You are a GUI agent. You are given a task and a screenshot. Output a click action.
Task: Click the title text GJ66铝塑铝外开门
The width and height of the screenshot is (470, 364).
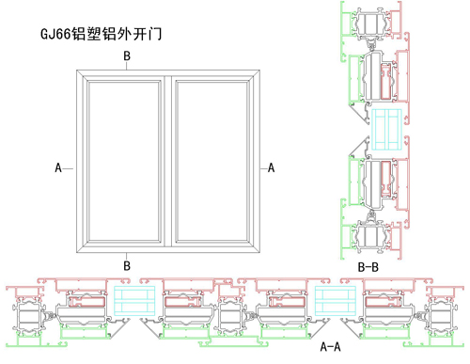pos(102,34)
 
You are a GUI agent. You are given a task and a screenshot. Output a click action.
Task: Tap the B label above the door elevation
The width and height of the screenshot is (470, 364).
pos(127,55)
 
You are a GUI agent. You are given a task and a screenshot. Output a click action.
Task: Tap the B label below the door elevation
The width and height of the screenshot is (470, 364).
pos(127,266)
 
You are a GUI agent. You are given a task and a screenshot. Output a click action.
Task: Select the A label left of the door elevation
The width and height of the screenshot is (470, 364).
pos(58,167)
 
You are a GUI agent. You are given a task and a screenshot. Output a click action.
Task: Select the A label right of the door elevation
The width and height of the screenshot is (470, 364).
pos(271,167)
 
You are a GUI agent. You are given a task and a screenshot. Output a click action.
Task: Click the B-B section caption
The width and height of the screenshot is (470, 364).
pos(368,267)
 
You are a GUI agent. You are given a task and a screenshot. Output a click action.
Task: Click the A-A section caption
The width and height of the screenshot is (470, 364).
pos(330,347)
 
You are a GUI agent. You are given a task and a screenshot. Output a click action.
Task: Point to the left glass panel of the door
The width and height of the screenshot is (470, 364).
pos(124,161)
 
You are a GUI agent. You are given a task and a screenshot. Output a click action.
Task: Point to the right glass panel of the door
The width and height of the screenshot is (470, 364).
pos(212,161)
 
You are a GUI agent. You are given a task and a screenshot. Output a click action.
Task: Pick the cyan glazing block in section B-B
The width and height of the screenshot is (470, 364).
pos(386,129)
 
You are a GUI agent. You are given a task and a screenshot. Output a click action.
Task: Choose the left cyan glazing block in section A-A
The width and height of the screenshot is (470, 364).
pos(134,300)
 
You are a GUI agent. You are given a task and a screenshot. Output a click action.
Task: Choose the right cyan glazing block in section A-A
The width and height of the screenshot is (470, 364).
pos(336,300)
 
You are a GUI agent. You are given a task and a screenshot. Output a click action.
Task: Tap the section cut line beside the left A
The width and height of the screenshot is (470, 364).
pos(68,168)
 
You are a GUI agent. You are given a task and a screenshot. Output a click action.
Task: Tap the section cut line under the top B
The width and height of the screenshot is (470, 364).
pos(127,66)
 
